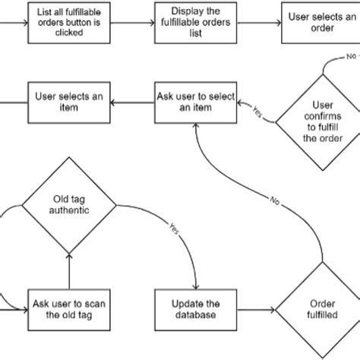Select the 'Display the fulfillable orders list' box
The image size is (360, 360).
pyautogui.click(x=196, y=16)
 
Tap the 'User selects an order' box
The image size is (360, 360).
pyautogui.click(x=320, y=16)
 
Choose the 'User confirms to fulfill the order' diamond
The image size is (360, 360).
pyautogui.click(x=319, y=122)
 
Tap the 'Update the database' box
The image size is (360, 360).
pyautogui.click(x=196, y=311)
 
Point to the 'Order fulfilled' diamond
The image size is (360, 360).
pyautogui.click(x=318, y=311)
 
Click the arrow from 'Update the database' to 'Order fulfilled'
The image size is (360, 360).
pyautogui.click(x=255, y=311)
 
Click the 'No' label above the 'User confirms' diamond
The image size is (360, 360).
pyautogui.click(x=351, y=57)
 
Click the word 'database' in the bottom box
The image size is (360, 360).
pyautogui.click(x=196, y=316)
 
